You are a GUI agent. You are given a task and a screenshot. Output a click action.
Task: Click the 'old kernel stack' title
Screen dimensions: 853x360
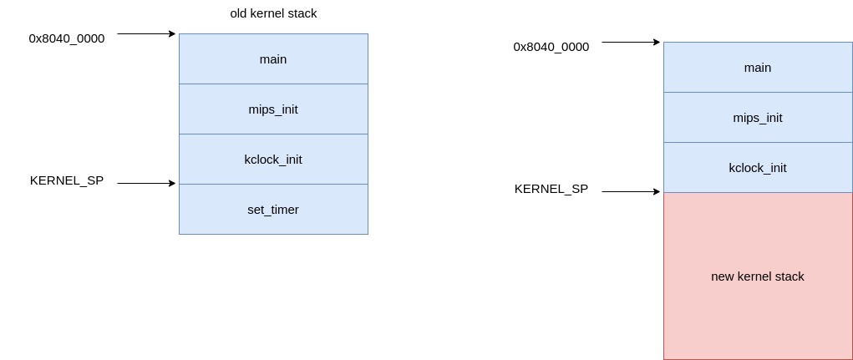[273, 13]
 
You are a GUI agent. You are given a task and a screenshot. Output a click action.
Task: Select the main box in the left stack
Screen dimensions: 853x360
[274, 58]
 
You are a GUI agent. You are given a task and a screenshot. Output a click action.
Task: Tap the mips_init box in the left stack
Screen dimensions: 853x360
[274, 109]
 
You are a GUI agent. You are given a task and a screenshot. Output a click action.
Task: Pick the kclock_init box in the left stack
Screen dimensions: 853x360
[274, 159]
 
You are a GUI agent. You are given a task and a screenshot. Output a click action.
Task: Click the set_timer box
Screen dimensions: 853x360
[274, 210]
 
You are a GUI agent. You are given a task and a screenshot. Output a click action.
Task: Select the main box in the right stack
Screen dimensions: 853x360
[758, 68]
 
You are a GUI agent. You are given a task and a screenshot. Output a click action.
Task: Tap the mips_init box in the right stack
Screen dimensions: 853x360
[758, 118]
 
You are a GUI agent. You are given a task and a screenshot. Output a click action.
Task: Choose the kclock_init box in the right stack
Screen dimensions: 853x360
[758, 168]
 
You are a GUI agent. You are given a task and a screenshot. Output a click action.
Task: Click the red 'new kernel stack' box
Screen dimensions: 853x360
[758, 276]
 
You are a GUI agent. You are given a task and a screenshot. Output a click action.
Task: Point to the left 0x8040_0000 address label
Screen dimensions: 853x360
[66, 38]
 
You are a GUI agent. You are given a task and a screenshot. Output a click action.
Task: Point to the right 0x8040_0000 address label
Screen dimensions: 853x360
[551, 47]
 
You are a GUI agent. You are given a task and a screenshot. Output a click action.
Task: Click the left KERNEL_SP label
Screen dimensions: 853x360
[66, 180]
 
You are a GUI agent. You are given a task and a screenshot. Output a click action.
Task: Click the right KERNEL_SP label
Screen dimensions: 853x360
[551, 189]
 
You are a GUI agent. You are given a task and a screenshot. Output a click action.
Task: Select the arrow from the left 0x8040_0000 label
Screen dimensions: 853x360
[146, 33]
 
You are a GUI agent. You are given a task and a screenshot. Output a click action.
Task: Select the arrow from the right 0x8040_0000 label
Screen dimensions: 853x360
[631, 42]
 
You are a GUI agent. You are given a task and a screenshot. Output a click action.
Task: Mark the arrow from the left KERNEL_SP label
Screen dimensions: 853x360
[146, 183]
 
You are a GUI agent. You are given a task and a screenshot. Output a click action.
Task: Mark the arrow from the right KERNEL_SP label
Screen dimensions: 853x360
[631, 191]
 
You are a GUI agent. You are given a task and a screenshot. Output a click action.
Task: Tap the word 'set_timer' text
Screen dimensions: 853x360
[273, 210]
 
